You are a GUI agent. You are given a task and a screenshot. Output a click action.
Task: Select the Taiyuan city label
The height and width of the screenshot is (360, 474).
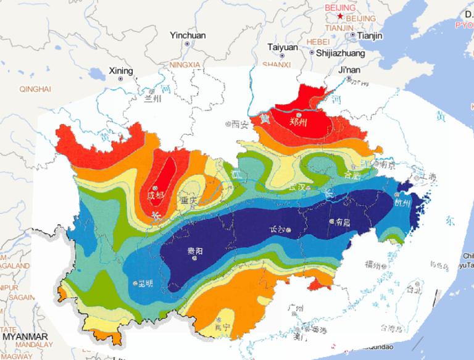click(x=282, y=48)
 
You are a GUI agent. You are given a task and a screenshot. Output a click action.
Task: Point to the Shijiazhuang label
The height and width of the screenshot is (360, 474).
click(x=340, y=54)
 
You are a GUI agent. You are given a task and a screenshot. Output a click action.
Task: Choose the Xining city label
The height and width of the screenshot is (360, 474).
click(x=120, y=71)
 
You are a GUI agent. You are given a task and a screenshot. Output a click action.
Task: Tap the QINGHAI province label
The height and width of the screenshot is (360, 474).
click(x=35, y=90)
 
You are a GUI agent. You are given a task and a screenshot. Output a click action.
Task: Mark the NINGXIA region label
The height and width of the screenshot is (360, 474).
click(x=185, y=64)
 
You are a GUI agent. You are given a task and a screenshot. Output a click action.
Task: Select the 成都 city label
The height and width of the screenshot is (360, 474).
click(x=156, y=196)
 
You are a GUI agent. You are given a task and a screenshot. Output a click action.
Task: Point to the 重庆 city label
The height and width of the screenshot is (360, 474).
click(x=189, y=200)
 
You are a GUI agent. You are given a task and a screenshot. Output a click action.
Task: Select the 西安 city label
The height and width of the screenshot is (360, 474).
click(x=238, y=124)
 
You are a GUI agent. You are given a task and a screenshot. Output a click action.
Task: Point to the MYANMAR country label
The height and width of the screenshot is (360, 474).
click(x=25, y=337)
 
